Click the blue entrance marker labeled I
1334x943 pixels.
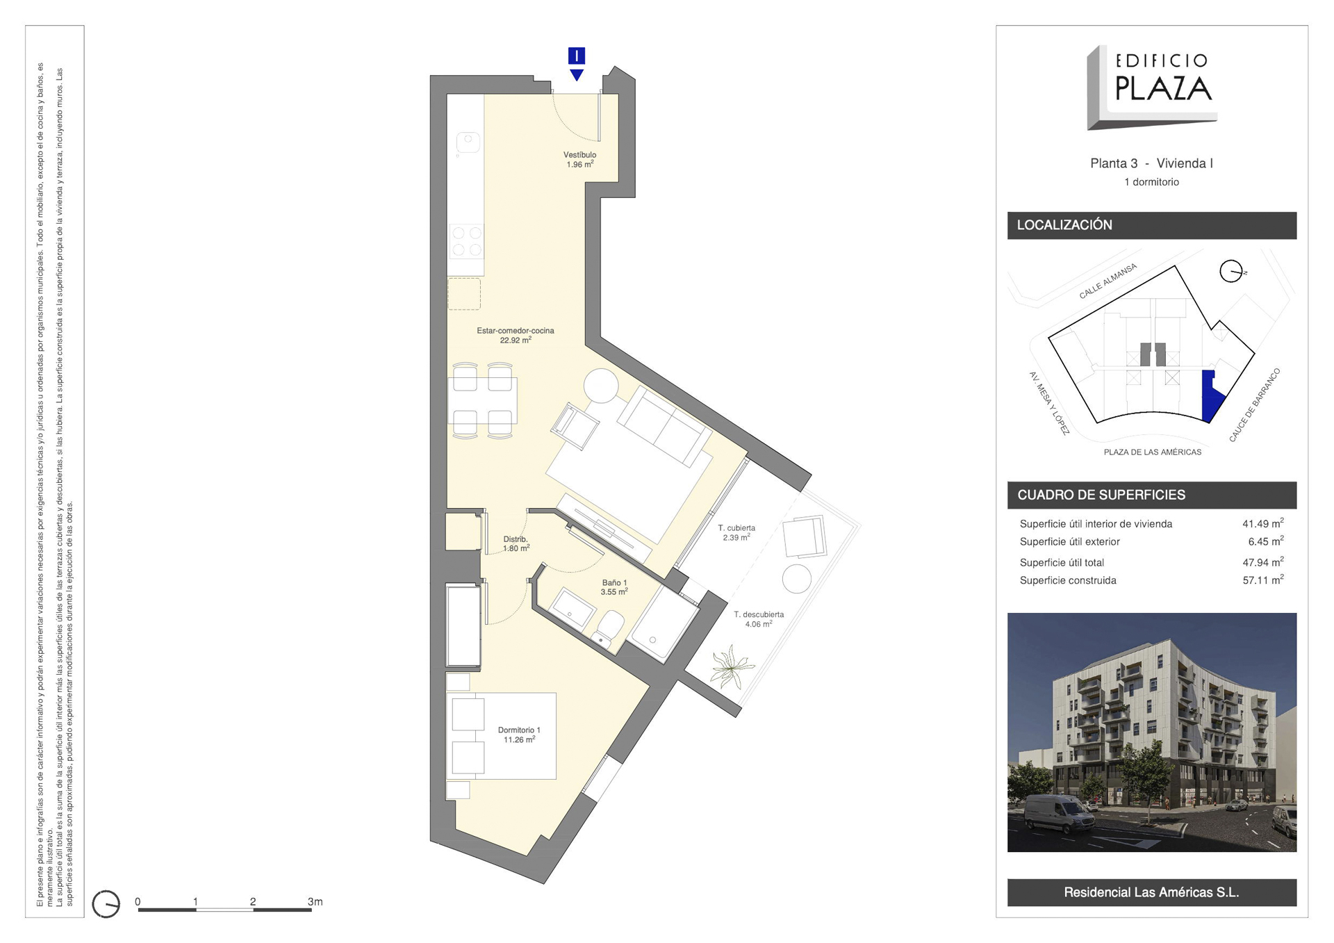pos(576,56)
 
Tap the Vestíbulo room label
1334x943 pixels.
pos(579,160)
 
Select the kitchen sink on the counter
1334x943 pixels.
pos(468,142)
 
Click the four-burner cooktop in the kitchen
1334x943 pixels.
pos(466,241)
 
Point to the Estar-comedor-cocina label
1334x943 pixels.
pos(516,336)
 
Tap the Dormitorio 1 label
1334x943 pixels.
pos(519,735)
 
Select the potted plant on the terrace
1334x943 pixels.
pos(731,666)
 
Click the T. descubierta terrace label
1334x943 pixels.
pos(759,619)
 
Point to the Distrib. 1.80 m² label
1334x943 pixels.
pos(516,543)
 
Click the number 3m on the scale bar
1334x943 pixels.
pos(315,901)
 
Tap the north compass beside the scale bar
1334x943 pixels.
pos(106,904)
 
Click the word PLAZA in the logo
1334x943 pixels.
pos(1164,88)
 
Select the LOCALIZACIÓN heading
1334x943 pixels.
pos(1064,225)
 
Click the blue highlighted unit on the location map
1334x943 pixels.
pos(1212,395)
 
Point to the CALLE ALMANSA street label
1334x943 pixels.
pos(1107,281)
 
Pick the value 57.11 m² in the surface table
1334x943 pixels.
pos(1262,580)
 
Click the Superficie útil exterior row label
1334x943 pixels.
pos(1069,541)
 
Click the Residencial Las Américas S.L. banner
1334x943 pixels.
pos(1151,892)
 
